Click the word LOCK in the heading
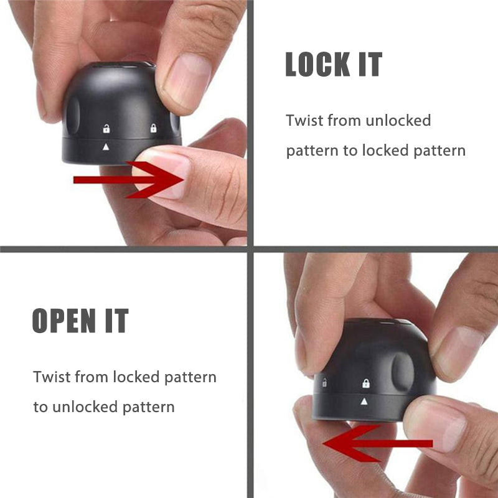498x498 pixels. click(x=317, y=64)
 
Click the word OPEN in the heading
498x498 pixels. click(x=64, y=320)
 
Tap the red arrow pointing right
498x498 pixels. click(x=129, y=180)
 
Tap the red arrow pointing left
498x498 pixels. click(x=378, y=443)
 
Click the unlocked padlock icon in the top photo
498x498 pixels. click(x=106, y=129)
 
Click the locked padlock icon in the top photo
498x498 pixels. click(x=153, y=128)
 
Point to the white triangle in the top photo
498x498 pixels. click(x=106, y=146)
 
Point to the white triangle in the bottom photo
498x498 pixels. click(x=364, y=402)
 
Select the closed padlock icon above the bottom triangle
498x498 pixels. click(x=366, y=383)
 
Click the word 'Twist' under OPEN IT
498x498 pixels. click(x=52, y=377)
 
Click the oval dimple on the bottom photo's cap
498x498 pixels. click(x=403, y=372)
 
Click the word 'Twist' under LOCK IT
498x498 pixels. click(x=304, y=120)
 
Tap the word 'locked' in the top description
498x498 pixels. click(x=385, y=150)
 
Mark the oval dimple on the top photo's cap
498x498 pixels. click(x=73, y=115)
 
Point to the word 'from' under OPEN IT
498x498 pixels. click(x=92, y=377)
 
